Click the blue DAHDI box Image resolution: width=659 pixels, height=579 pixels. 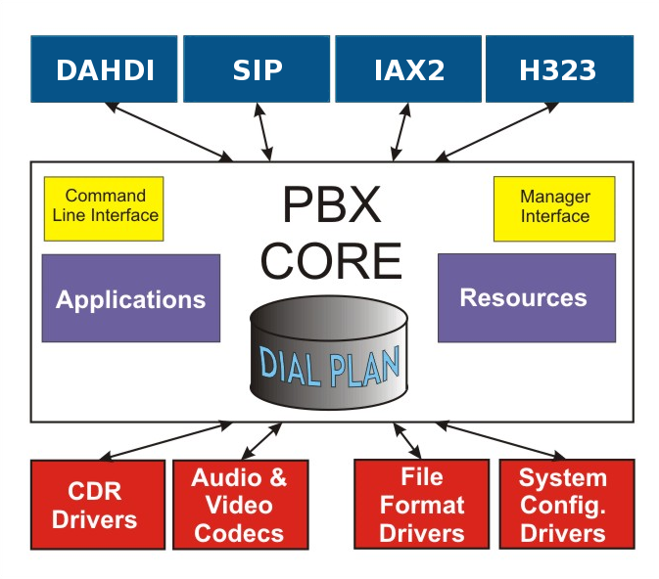(104, 69)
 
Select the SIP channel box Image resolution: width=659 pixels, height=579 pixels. (257, 69)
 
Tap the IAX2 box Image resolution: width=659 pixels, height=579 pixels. (408, 69)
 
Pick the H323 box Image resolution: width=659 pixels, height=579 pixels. (558, 69)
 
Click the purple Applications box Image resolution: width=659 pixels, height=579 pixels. (131, 298)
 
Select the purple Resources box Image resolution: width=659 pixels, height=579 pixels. (526, 297)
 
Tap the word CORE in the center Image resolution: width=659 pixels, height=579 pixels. (331, 260)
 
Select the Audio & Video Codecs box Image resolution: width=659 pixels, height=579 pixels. (240, 505)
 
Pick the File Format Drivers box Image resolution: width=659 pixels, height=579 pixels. (422, 505)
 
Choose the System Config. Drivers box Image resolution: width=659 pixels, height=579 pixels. (563, 505)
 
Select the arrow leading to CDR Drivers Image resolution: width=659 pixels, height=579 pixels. (166, 440)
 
